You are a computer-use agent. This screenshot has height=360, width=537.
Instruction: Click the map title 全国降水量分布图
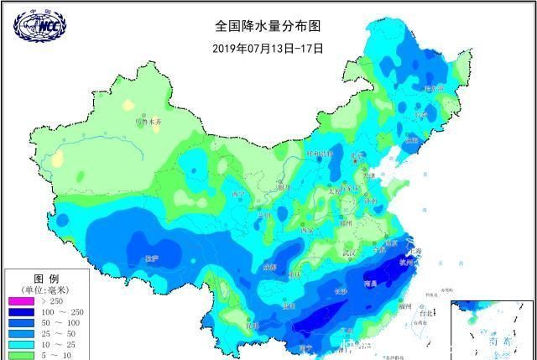pyautogui.click(x=268, y=26)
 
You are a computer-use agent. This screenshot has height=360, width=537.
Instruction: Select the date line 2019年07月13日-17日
pyautogui.click(x=268, y=48)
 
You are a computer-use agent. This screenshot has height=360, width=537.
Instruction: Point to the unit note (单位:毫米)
pyautogui.click(x=45, y=290)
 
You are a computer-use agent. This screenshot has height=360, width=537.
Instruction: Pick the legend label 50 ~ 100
pyautogui.click(x=59, y=323)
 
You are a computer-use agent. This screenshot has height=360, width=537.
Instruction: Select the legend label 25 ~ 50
pyautogui.click(x=59, y=334)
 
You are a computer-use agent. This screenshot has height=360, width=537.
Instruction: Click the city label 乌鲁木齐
pyautogui.click(x=149, y=123)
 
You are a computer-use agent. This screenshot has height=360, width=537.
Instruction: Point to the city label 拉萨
pyautogui.click(x=151, y=258)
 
